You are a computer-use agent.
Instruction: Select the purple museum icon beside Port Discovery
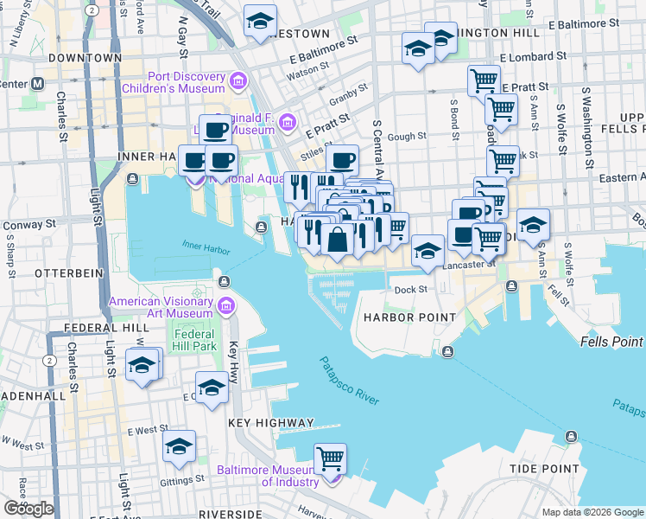(x=237, y=83)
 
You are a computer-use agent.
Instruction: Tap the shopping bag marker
(x=338, y=240)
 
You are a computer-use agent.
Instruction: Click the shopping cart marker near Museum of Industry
(x=330, y=458)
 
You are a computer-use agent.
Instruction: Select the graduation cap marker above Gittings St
(x=179, y=446)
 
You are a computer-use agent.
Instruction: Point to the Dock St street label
(x=410, y=290)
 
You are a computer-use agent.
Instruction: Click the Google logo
(x=28, y=508)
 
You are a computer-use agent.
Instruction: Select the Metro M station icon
(x=38, y=85)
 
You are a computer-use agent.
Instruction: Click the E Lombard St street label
(x=536, y=54)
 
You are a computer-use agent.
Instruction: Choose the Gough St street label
(x=408, y=136)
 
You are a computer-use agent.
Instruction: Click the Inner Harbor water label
(x=206, y=248)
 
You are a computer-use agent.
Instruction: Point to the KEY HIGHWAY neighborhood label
(x=270, y=423)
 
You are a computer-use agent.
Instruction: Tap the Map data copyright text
(x=592, y=512)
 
